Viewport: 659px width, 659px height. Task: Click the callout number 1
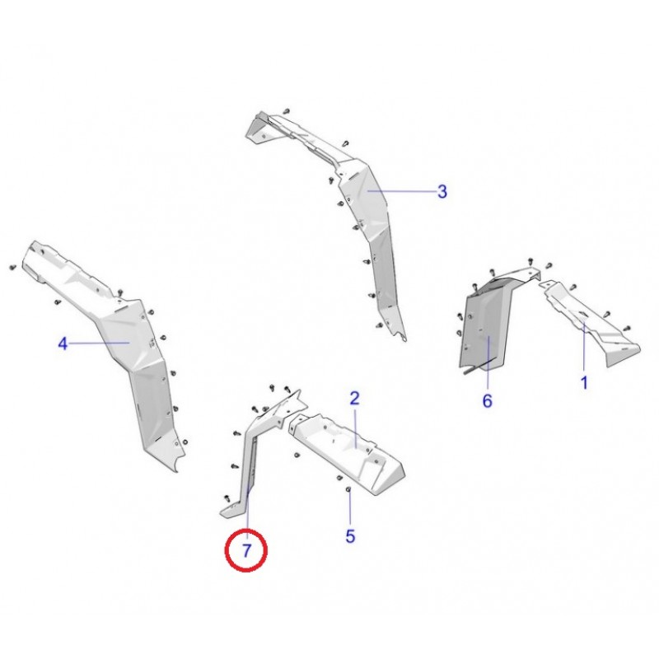tap(584, 382)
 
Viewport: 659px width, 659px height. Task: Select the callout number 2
tap(355, 398)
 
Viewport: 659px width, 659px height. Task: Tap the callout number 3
tap(442, 192)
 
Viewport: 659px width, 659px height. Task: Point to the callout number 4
tap(63, 344)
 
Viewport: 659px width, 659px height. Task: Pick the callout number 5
tap(350, 536)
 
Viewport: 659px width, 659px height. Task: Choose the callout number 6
tap(487, 401)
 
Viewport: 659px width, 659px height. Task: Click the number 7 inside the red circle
tap(246, 550)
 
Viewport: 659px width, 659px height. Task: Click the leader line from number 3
tap(401, 191)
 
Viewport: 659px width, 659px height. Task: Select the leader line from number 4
tap(99, 343)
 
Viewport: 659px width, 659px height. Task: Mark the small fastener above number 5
tap(348, 489)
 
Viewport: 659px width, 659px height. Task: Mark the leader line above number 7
tap(248, 512)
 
